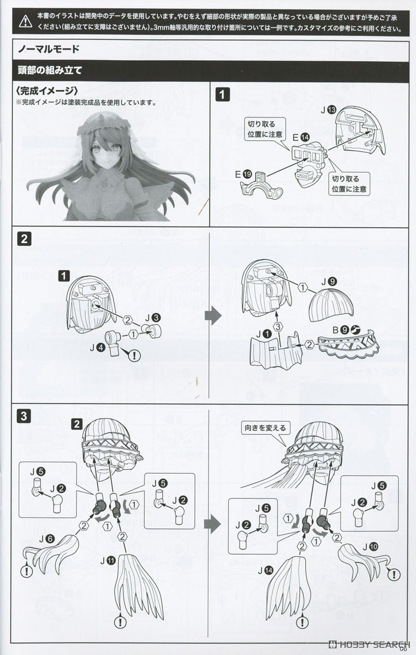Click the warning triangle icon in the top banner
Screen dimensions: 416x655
tap(26, 21)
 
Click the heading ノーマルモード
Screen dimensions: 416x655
tap(49, 49)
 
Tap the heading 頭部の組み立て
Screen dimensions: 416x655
tap(50, 70)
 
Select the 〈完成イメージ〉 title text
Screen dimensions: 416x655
tap(47, 91)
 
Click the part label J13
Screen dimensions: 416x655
tap(328, 110)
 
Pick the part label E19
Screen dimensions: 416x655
tap(243, 175)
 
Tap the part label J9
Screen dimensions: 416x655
tap(329, 282)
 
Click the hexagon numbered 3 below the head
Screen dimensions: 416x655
tap(278, 326)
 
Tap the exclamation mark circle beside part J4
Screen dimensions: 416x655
tap(134, 355)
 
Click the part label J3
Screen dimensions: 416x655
tap(153, 318)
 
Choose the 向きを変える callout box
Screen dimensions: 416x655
tap(265, 428)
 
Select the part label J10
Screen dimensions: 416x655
tap(370, 547)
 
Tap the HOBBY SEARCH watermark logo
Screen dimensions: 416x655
tap(369, 644)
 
